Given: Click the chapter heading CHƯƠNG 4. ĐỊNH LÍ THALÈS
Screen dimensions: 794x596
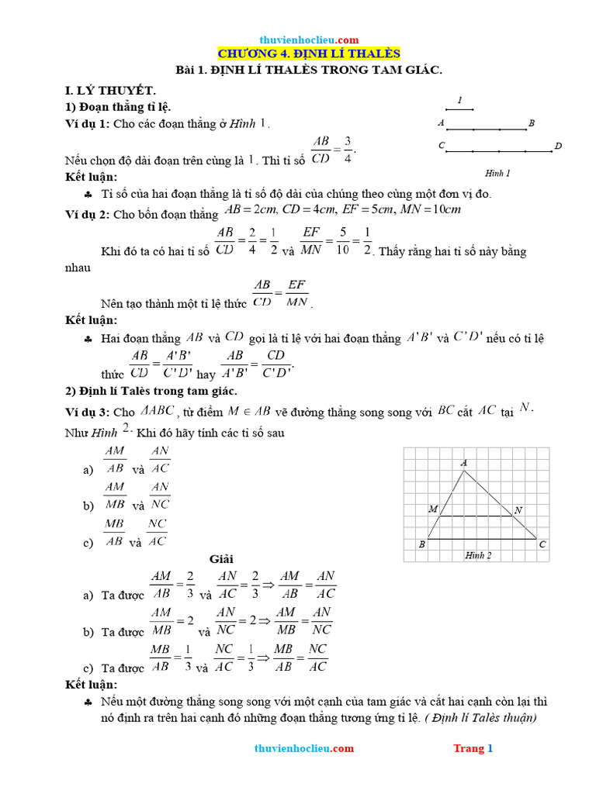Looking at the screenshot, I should tap(308, 54).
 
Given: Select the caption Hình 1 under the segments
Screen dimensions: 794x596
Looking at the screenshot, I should tap(497, 173).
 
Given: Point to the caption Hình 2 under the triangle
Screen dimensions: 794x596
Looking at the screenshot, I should tap(478, 555).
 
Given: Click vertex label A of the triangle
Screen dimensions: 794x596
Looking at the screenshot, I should tap(464, 463).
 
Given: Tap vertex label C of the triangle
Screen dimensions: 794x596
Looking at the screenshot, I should tap(542, 544).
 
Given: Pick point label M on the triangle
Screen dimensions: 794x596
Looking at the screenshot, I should tap(432, 509).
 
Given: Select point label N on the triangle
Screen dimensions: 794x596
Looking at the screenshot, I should tap(518, 509).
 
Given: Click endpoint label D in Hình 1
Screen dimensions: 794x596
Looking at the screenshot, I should tap(558, 147).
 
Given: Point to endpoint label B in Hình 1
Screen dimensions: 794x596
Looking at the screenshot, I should tap(531, 123).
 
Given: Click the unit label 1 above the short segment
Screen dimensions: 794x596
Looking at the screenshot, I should tap(459, 100).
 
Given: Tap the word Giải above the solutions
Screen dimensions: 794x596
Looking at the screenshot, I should tap(222, 558).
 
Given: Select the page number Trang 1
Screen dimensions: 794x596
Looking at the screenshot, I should tap(473, 748).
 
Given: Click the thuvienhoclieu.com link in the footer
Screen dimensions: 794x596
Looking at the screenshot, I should tap(304, 748).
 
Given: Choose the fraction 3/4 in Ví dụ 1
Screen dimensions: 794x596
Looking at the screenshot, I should tap(348, 150).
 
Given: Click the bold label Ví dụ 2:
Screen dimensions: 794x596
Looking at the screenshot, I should tap(88, 215).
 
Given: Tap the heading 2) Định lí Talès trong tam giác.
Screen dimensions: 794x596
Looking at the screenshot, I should tap(151, 391).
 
